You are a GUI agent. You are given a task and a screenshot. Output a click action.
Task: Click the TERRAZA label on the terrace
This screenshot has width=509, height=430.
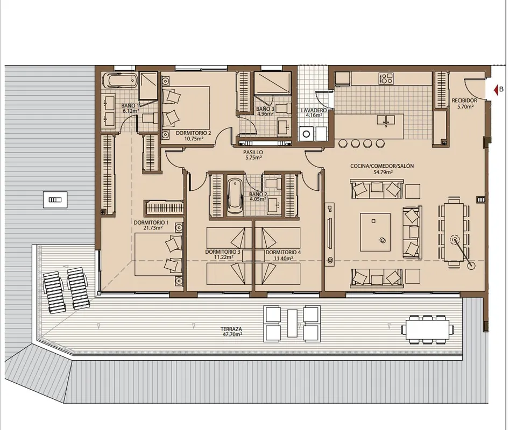click(x=231, y=329)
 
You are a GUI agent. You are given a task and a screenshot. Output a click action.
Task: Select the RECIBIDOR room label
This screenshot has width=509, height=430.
click(x=464, y=101)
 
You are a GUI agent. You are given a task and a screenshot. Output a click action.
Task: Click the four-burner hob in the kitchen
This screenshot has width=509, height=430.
click(x=386, y=78)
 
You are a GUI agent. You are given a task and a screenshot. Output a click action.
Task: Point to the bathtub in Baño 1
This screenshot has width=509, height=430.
click(x=119, y=81)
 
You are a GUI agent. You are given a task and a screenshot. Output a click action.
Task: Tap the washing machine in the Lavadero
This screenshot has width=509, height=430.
click(x=306, y=134)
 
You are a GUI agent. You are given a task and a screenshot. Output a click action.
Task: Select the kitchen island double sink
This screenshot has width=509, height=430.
click(x=386, y=120)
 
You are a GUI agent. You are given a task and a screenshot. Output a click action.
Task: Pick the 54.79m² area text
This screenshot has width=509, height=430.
click(x=383, y=172)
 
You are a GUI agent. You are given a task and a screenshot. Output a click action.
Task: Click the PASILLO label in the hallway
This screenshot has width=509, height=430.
click(x=253, y=153)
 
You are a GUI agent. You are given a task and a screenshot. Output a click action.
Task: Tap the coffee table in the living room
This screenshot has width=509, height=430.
click(x=375, y=232)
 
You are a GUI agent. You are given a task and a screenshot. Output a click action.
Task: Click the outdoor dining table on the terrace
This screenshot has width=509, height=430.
click(x=426, y=329)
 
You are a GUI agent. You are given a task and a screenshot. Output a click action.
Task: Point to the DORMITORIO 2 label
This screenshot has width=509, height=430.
click(x=194, y=133)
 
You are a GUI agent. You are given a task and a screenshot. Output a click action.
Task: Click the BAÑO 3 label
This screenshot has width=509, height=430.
click(x=265, y=109)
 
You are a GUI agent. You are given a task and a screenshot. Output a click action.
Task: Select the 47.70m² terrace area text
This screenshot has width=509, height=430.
click(x=231, y=334)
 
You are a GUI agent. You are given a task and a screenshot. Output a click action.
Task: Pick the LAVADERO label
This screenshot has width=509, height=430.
click(x=314, y=110)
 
